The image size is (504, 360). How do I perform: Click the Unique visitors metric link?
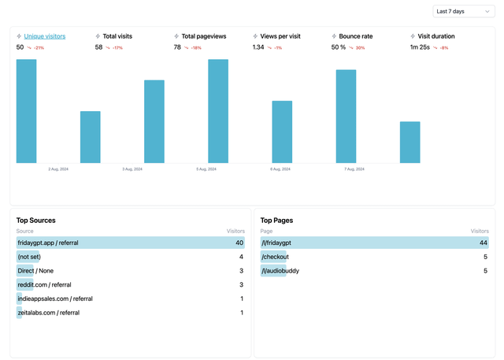[x=44, y=36]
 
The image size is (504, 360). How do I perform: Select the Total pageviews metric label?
[x=203, y=36]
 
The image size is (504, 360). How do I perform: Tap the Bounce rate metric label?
[x=356, y=36]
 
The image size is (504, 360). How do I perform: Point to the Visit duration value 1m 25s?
[x=420, y=47]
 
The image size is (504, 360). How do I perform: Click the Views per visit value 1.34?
[x=258, y=47]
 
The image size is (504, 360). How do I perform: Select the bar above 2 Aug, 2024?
[x=91, y=137]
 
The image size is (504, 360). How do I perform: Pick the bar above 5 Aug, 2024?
[x=218, y=111]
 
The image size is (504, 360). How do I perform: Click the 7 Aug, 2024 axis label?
[x=354, y=169]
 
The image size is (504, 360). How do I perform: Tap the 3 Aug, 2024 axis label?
[x=132, y=169]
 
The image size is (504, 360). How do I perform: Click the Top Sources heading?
[x=36, y=221]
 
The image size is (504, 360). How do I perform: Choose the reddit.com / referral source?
[x=44, y=284]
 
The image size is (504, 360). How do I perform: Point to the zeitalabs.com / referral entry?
[x=48, y=313]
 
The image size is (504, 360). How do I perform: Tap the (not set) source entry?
[x=29, y=257]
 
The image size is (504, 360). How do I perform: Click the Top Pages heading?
[x=276, y=221]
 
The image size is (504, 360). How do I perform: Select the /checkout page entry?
[x=275, y=257]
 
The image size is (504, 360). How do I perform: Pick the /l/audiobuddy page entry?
[x=280, y=271]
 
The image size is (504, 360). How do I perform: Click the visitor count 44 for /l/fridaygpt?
[x=484, y=243]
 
